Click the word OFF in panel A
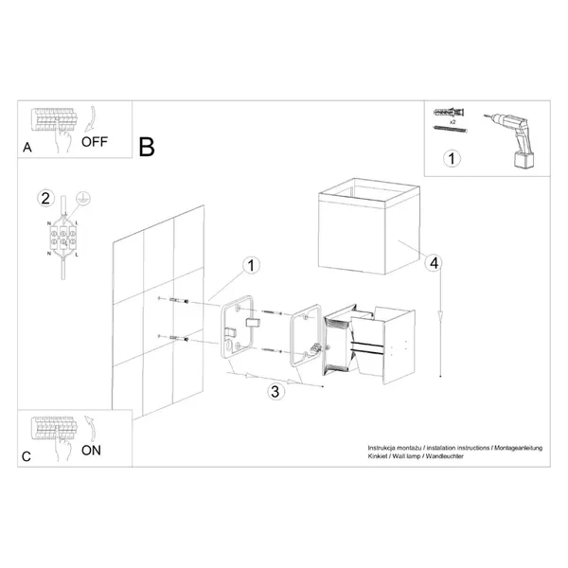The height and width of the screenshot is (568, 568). pos(97,143)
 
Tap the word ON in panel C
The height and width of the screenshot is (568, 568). pos(91,451)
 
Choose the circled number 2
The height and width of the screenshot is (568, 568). pos(44,199)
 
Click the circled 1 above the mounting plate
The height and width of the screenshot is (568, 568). pos(250,266)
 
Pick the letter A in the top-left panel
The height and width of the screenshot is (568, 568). pos(27,148)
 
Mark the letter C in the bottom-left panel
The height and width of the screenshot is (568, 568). pos(27,456)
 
